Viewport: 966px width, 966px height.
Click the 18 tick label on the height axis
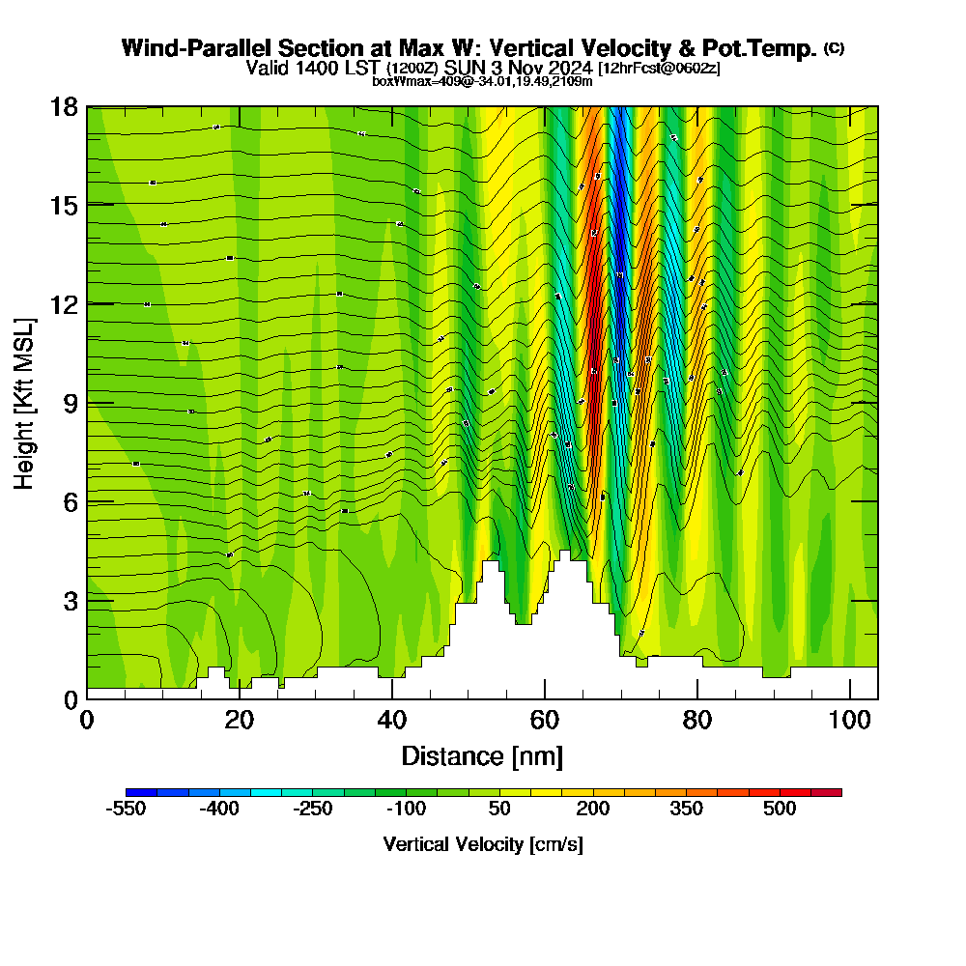click(64, 106)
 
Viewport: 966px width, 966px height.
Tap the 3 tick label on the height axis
click(70, 601)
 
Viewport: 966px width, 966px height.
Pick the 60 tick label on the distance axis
click(545, 720)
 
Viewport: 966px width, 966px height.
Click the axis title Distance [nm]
click(482, 755)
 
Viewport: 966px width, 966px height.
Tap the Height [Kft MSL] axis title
click(24, 403)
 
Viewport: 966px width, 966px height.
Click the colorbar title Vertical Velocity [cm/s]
click(483, 844)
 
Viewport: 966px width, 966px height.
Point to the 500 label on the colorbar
click(780, 810)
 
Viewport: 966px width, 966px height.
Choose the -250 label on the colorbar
click(312, 810)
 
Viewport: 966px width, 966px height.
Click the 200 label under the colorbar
click(592, 810)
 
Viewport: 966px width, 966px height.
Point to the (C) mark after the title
click(834, 48)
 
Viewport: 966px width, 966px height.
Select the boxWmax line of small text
click(482, 81)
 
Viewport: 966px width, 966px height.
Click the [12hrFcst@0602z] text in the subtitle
click(659, 69)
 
